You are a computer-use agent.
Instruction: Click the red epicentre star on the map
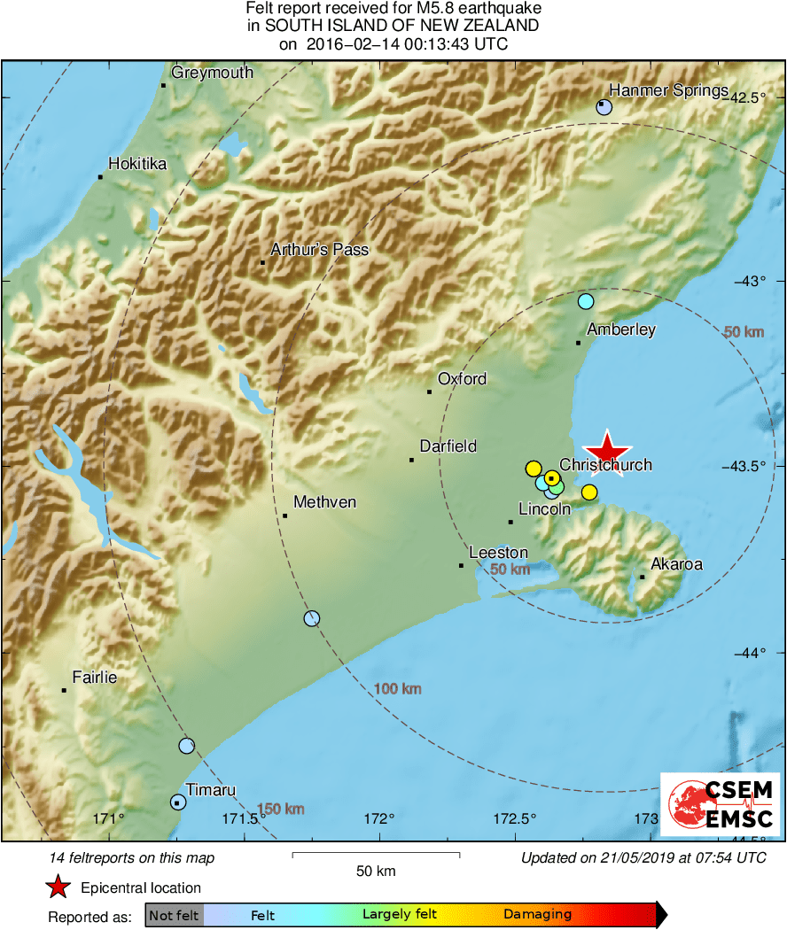click(607, 451)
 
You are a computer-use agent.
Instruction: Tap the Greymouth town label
click(212, 74)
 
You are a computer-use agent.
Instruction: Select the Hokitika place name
click(137, 164)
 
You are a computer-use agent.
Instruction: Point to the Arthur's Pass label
click(319, 250)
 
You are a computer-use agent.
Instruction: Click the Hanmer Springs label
click(668, 90)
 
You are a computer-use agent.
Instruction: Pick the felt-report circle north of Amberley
click(585, 301)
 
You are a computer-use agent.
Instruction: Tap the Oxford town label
click(462, 379)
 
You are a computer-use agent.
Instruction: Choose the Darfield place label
click(448, 447)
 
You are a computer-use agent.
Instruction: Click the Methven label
click(324, 502)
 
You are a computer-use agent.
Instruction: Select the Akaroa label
click(677, 563)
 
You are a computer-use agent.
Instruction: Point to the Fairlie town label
click(94, 678)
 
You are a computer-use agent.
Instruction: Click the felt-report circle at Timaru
click(178, 802)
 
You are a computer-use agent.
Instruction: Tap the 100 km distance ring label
click(396, 689)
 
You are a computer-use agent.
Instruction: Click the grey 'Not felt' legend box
click(174, 915)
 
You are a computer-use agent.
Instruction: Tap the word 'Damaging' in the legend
click(537, 915)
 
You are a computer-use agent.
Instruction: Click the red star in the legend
click(58, 887)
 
